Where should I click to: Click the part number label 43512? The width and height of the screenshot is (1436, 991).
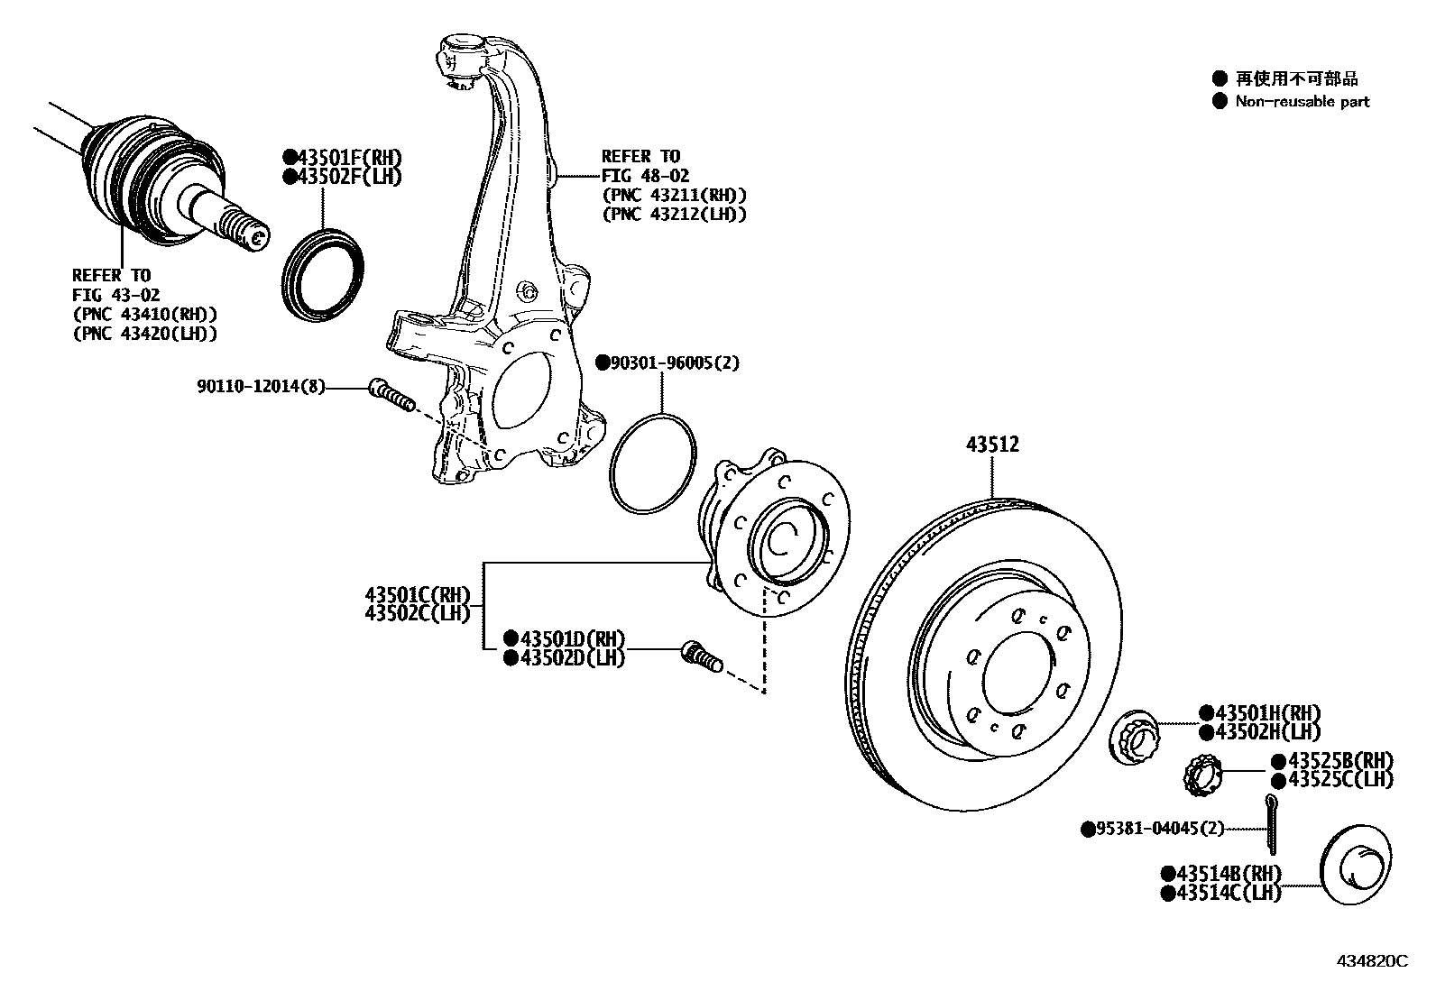[x=992, y=445]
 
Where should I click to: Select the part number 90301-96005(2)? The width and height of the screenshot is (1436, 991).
[x=667, y=362]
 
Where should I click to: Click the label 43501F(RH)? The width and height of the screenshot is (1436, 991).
[x=343, y=157]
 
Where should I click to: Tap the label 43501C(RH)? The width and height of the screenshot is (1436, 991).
[x=418, y=594]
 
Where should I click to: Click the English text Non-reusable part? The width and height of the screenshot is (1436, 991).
[x=1302, y=102]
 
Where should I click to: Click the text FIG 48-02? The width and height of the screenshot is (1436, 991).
[x=646, y=176]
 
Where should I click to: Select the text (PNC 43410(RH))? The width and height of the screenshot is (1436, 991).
[x=145, y=315]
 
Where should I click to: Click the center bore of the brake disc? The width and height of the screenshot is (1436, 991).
[x=1019, y=670]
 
